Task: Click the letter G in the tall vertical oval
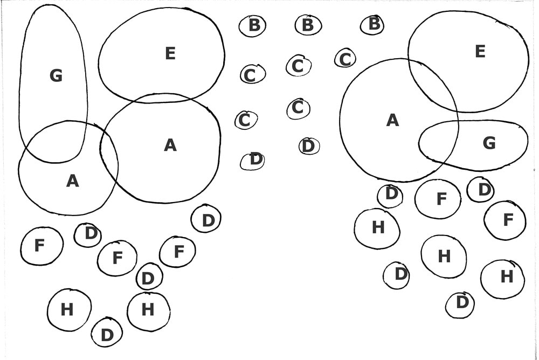point(56,76)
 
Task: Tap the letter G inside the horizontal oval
point(489,143)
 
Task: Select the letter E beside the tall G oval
point(170,53)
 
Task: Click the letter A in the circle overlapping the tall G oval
point(72,182)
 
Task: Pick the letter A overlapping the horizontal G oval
point(392,121)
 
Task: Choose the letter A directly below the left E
point(170,144)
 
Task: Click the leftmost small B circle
point(253,25)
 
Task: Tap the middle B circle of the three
point(308,25)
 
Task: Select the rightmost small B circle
point(373,24)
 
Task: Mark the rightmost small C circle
point(345,58)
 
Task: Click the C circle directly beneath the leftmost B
point(251,74)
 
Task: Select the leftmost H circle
point(68,310)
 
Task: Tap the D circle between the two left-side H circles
point(107,335)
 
